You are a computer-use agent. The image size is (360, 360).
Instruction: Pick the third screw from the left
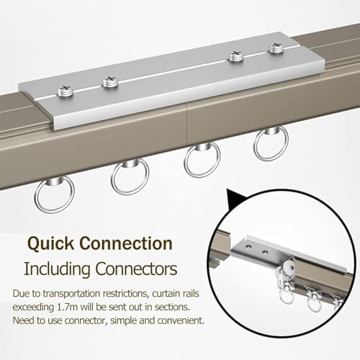tap(235, 57)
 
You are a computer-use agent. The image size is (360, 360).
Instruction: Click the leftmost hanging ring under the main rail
tap(54, 194)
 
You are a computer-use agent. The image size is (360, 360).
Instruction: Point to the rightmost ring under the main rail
tap(271, 145)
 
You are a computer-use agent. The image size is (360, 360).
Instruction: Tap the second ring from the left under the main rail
tap(130, 177)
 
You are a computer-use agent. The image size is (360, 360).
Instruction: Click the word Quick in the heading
tap(50, 244)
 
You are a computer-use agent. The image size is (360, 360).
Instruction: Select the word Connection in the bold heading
tap(126, 243)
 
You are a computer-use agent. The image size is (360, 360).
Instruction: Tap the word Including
tap(58, 269)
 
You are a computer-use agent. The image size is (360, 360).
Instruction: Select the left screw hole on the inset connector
tap(249, 246)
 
